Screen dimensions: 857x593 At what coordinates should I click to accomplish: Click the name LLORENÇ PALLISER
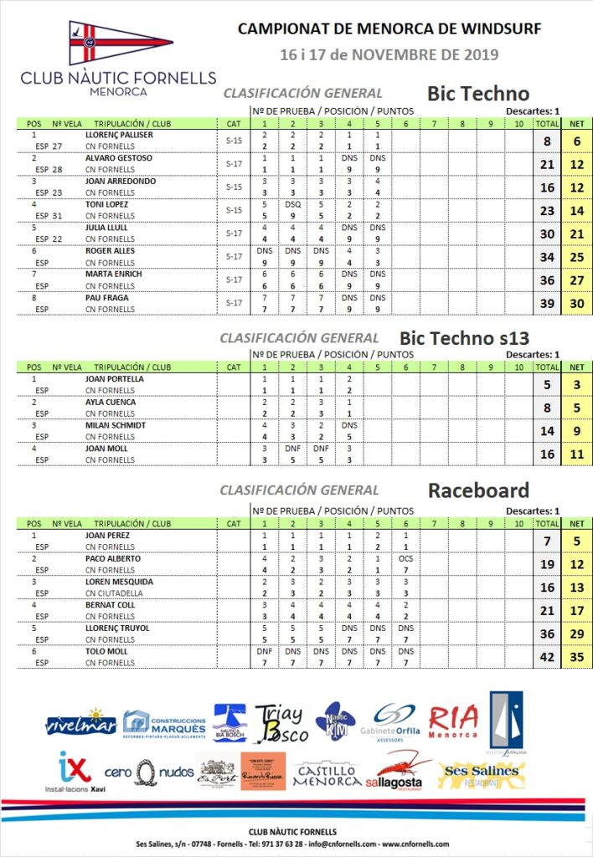coord(119,135)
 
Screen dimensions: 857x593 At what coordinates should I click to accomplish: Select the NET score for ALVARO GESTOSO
coord(576,164)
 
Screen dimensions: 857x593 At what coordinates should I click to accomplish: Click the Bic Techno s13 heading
coord(465,337)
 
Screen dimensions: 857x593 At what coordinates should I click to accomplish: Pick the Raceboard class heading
coord(478,490)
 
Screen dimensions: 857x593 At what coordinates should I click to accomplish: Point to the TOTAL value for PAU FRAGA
coord(548,303)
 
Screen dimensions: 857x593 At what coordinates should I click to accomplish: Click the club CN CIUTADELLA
coord(115,593)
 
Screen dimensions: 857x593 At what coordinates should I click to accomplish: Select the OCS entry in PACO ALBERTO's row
coord(405,559)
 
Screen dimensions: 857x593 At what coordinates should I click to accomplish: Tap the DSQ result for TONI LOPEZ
coord(292,204)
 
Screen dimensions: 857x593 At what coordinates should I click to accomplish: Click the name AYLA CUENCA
coord(111,403)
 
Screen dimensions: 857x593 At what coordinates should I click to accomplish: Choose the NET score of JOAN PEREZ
coord(576,541)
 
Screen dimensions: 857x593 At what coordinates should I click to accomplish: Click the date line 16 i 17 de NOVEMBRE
coord(389,55)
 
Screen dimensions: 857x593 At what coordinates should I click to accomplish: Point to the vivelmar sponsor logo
coord(81,722)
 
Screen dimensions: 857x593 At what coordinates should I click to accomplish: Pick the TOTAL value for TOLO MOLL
coord(548,657)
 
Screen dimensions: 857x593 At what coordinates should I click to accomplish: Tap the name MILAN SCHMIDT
coord(116,425)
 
